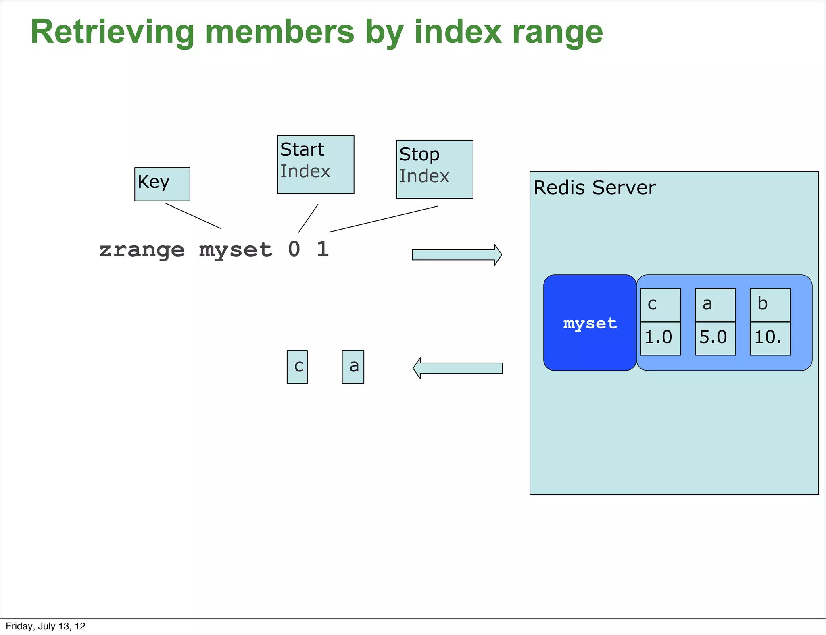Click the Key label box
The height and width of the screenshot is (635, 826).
coord(162,184)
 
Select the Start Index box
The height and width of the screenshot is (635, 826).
coord(315,164)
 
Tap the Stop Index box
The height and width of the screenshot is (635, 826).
coord(434,169)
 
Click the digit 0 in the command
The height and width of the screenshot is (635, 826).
coord(294,249)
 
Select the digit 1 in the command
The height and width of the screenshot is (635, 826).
coord(323,249)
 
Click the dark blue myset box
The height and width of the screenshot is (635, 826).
coord(590,323)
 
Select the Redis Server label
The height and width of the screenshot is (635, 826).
coord(594,188)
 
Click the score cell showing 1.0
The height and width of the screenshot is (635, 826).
coord(660,338)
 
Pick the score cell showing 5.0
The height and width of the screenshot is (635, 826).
coord(715,338)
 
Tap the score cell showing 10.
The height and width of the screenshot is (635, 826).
coord(770,338)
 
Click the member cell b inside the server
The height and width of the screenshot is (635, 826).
coord(770,305)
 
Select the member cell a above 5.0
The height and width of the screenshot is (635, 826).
coord(715,305)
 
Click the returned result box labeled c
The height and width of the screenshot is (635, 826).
coord(297,367)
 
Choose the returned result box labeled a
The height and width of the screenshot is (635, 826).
coord(353,367)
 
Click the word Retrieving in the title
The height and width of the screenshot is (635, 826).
coord(113,32)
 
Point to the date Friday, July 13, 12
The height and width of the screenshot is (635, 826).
coord(46,626)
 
